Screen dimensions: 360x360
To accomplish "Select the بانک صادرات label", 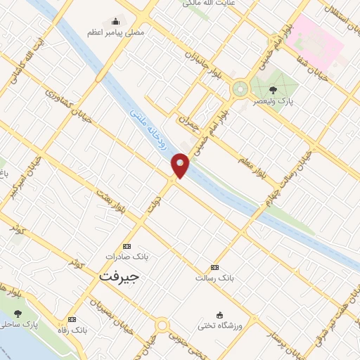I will (127, 257).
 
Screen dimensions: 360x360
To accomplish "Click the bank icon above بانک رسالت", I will (215, 267).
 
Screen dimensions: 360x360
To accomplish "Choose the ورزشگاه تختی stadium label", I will (220, 325).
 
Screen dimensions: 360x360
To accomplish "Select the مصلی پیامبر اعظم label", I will (116, 33).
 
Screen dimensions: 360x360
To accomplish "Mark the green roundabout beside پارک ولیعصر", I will (240, 89).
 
